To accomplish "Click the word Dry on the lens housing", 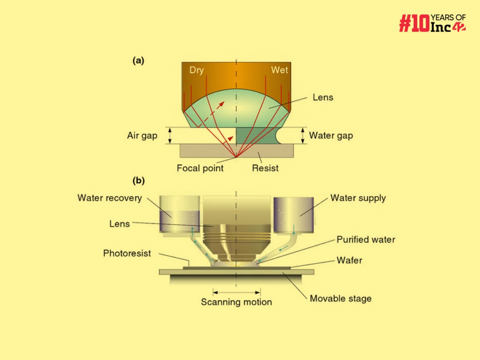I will (x=197, y=70).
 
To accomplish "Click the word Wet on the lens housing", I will (x=279, y=70).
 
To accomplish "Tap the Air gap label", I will (x=142, y=136).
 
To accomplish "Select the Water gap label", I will (x=331, y=136).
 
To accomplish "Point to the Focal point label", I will (x=200, y=168).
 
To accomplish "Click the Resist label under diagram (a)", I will (x=265, y=168).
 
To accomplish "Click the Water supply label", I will (x=358, y=197).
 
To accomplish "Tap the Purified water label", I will (x=366, y=240).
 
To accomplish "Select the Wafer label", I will (x=350, y=260).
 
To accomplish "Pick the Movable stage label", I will (x=340, y=298).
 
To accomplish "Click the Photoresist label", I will (x=127, y=253).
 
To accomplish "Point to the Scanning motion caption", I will (x=236, y=302).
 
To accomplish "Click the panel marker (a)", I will (x=138, y=61).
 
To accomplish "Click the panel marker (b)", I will (x=138, y=181).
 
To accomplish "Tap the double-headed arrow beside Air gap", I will (x=170, y=136).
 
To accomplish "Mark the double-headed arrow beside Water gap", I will (x=303, y=136).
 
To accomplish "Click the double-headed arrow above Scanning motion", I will (x=236, y=290).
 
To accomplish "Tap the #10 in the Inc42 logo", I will (x=413, y=23).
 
